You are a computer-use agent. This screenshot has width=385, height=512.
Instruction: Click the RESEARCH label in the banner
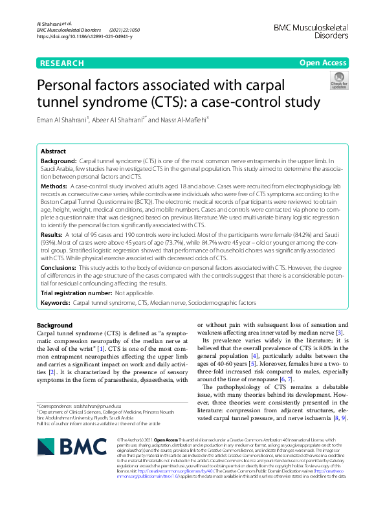[x=61, y=63]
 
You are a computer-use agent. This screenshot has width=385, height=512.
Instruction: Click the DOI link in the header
[x=85, y=37]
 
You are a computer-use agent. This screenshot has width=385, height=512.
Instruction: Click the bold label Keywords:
[x=56, y=303]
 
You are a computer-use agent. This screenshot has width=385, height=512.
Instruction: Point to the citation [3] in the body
[x=339, y=333]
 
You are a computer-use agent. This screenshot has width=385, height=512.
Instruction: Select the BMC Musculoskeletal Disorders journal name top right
[x=311, y=30]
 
